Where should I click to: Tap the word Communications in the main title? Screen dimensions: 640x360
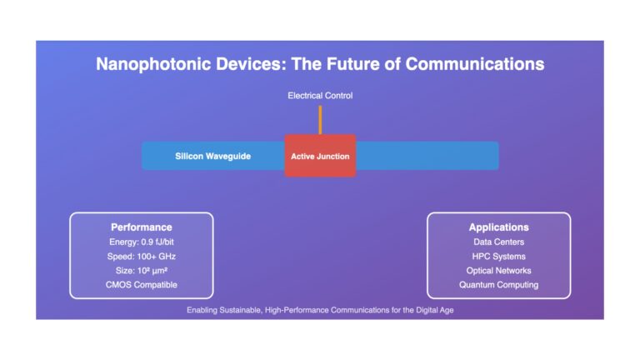pyautogui.click(x=475, y=63)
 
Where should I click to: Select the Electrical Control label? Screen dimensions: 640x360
pyautogui.click(x=320, y=96)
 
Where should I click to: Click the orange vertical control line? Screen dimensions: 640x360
pyautogui.click(x=320, y=120)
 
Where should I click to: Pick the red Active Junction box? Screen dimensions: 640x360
pyautogui.click(x=320, y=156)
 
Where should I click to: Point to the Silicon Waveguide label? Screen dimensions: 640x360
pyautogui.click(x=212, y=157)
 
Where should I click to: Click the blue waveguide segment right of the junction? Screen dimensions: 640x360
pyautogui.click(x=427, y=156)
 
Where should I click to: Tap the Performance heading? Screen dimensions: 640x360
pyautogui.click(x=141, y=227)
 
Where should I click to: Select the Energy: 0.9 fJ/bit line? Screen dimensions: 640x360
pyautogui.click(x=141, y=242)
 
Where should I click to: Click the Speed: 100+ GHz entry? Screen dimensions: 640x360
pyautogui.click(x=141, y=257)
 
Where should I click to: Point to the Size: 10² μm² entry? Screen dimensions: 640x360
pyautogui.click(x=141, y=271)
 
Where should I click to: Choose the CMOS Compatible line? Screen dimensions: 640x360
pyautogui.click(x=141, y=285)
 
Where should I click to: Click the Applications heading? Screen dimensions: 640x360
pyautogui.click(x=499, y=227)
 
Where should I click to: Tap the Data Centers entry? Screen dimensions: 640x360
pyautogui.click(x=499, y=242)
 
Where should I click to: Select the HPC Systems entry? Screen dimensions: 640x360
pyautogui.click(x=499, y=257)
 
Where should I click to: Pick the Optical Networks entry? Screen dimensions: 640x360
pyautogui.click(x=499, y=271)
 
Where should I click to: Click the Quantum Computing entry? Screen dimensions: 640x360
pyautogui.click(x=499, y=285)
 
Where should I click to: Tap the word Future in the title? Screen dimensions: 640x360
pyautogui.click(x=354, y=64)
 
